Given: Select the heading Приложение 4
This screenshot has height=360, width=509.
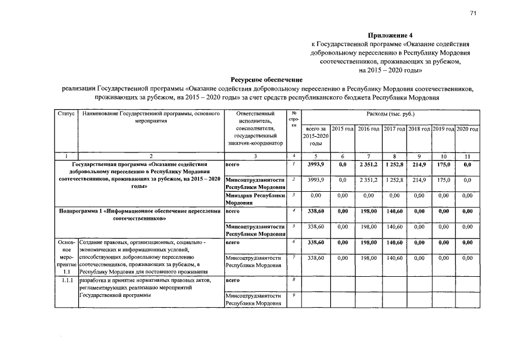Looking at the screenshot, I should pos(390,35).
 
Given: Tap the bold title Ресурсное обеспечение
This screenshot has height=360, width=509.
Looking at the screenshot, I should pos(266,80).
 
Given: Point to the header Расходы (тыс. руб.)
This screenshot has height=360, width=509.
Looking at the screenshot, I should pos(390,114).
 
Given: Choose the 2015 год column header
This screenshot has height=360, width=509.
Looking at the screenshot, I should pos(342,129).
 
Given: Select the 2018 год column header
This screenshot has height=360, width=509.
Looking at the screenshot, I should pos(418,129).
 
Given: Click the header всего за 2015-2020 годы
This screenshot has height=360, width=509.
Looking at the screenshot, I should pos(315,137).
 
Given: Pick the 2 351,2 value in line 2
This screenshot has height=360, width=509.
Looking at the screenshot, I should pos(368,180).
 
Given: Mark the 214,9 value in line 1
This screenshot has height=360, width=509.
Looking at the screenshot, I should pos(418,165).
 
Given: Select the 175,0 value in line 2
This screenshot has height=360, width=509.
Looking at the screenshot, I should pos(443,180).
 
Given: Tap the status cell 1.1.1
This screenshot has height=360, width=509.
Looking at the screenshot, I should pos(66,280).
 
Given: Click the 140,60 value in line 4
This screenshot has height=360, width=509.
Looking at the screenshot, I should pos(394,211).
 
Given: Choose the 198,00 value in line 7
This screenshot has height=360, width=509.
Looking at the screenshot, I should pos(368,258).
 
